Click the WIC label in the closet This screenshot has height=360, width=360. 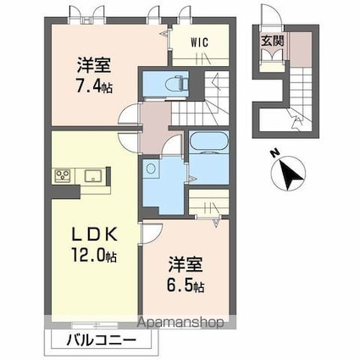click(x=199, y=40)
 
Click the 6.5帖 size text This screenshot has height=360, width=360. click(x=185, y=286)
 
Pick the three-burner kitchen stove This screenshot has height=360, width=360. click(x=64, y=175)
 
